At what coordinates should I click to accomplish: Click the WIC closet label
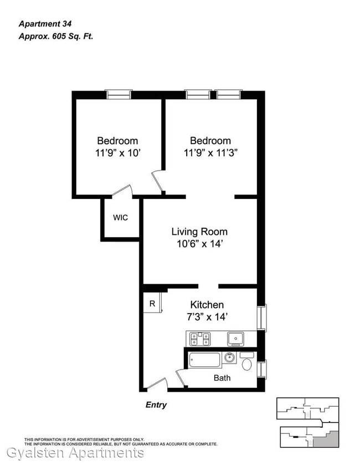(120, 218)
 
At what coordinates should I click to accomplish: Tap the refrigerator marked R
(152, 303)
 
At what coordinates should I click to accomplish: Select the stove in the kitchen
(200, 339)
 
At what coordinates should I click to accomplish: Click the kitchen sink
(235, 339)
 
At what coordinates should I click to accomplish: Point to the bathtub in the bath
(204, 360)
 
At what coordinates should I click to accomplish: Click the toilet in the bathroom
(247, 361)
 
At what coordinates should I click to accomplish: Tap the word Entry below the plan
(156, 405)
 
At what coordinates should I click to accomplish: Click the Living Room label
(199, 232)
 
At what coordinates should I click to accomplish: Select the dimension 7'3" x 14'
(207, 317)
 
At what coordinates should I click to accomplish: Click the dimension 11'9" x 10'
(117, 153)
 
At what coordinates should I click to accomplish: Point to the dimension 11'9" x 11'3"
(210, 153)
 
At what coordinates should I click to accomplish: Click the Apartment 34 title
(45, 24)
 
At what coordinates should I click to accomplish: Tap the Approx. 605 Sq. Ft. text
(56, 37)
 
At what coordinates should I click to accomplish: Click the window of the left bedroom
(119, 94)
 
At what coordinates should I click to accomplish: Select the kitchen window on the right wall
(261, 318)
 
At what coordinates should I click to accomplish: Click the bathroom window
(261, 369)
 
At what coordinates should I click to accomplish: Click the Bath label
(222, 378)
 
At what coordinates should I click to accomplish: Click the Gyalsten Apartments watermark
(75, 453)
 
